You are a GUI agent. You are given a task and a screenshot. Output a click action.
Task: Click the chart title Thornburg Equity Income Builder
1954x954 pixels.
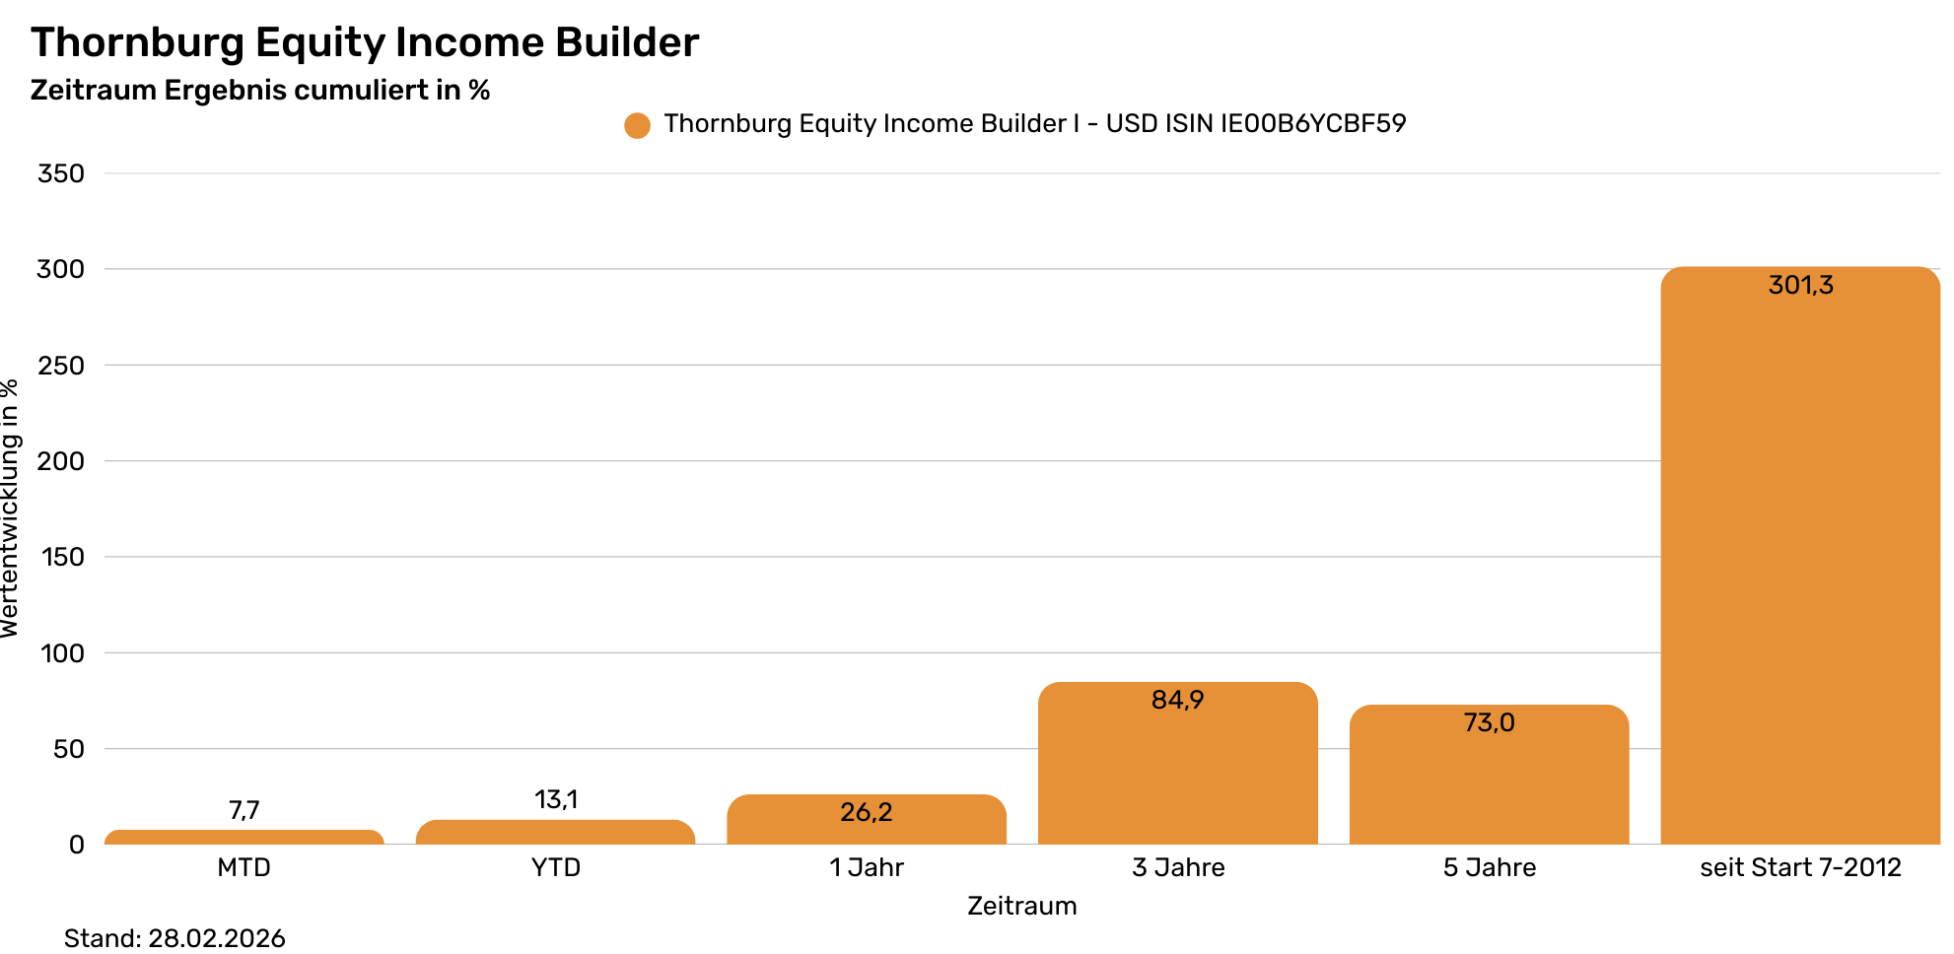(x=365, y=43)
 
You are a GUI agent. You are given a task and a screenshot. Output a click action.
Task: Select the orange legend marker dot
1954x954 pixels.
(x=637, y=125)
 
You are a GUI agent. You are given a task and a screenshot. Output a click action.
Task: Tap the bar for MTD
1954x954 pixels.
(x=244, y=837)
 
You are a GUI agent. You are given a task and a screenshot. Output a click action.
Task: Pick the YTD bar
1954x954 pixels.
(x=555, y=832)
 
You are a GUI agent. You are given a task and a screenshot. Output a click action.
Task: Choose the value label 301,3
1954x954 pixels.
(x=1800, y=286)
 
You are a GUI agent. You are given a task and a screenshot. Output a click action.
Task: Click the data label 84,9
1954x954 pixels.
(x=1177, y=701)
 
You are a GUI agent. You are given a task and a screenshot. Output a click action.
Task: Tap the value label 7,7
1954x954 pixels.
(x=244, y=810)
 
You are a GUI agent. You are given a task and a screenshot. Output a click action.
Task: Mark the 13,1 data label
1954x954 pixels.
(x=556, y=799)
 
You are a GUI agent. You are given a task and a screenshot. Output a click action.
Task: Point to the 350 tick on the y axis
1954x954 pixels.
(x=61, y=173)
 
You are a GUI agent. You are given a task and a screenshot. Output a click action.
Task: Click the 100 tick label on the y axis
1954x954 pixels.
(x=62, y=653)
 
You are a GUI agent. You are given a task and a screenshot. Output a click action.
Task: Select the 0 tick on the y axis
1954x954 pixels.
(x=76, y=845)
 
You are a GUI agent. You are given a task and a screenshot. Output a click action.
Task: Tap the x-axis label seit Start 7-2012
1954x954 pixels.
(x=1800, y=867)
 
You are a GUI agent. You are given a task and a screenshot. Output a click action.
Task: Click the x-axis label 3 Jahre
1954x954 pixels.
(x=1178, y=867)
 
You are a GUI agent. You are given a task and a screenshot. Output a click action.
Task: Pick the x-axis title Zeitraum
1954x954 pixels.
(x=1021, y=906)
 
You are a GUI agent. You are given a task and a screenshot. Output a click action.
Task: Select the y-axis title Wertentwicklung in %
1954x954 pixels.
(x=10, y=509)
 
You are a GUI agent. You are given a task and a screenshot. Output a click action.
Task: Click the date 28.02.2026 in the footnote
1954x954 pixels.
(x=217, y=938)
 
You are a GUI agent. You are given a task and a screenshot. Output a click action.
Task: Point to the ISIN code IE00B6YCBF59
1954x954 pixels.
(x=1313, y=124)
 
